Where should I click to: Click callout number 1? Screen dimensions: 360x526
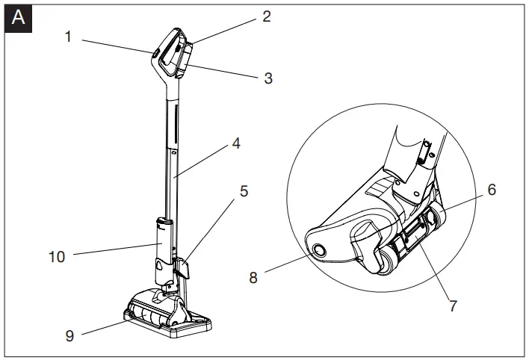coord(68,36)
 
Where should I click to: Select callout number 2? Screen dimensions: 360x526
coord(266,16)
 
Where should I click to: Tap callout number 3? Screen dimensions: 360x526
coord(268,78)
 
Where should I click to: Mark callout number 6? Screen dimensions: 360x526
coord(492,190)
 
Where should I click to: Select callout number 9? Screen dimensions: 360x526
coord(68,336)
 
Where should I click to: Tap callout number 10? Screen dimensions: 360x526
coord(57,256)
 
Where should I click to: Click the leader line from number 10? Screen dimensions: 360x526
coord(112,250)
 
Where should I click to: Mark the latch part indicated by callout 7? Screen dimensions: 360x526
coord(409,240)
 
